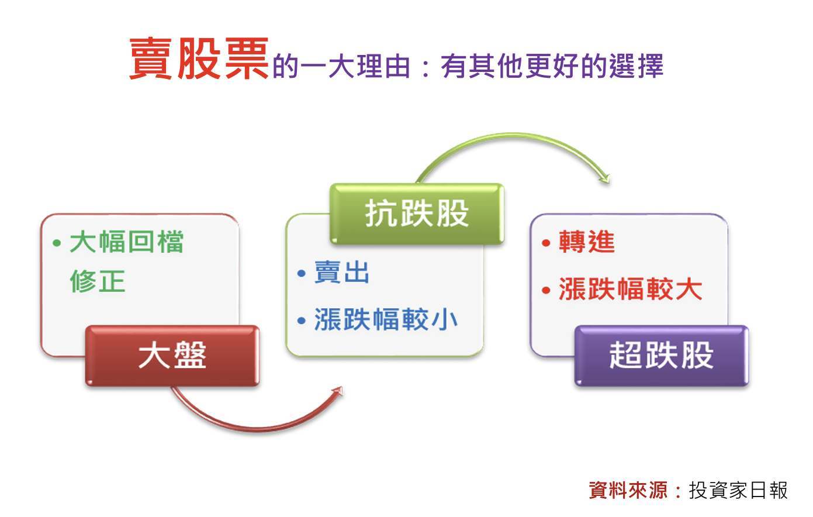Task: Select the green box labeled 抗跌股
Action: point(417,213)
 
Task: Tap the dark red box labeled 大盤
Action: point(172,356)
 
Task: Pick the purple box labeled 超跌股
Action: point(661,356)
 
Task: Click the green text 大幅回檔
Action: point(127,242)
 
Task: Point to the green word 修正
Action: point(98,281)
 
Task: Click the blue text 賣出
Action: point(342,273)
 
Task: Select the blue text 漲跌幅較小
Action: point(386,319)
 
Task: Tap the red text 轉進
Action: point(587,242)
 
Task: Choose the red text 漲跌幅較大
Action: point(631,289)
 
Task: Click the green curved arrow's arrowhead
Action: point(605,178)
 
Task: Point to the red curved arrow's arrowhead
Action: point(337,392)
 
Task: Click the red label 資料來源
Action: point(628,490)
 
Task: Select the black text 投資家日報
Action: point(738,490)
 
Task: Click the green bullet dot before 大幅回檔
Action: point(57,243)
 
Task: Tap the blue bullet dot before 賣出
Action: point(301,273)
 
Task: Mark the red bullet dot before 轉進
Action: point(546,243)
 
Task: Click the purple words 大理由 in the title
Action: point(369,67)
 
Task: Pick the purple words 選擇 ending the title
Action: point(636,66)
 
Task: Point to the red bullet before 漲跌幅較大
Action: point(546,291)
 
